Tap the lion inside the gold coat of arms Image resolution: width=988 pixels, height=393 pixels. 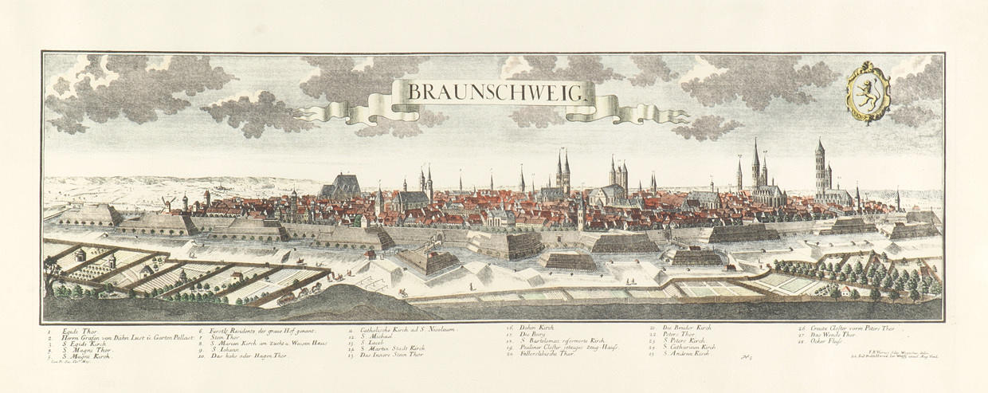point(868,92)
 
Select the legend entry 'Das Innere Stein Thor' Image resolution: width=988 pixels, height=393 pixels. point(394,353)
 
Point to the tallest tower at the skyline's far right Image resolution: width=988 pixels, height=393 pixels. point(819,167)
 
